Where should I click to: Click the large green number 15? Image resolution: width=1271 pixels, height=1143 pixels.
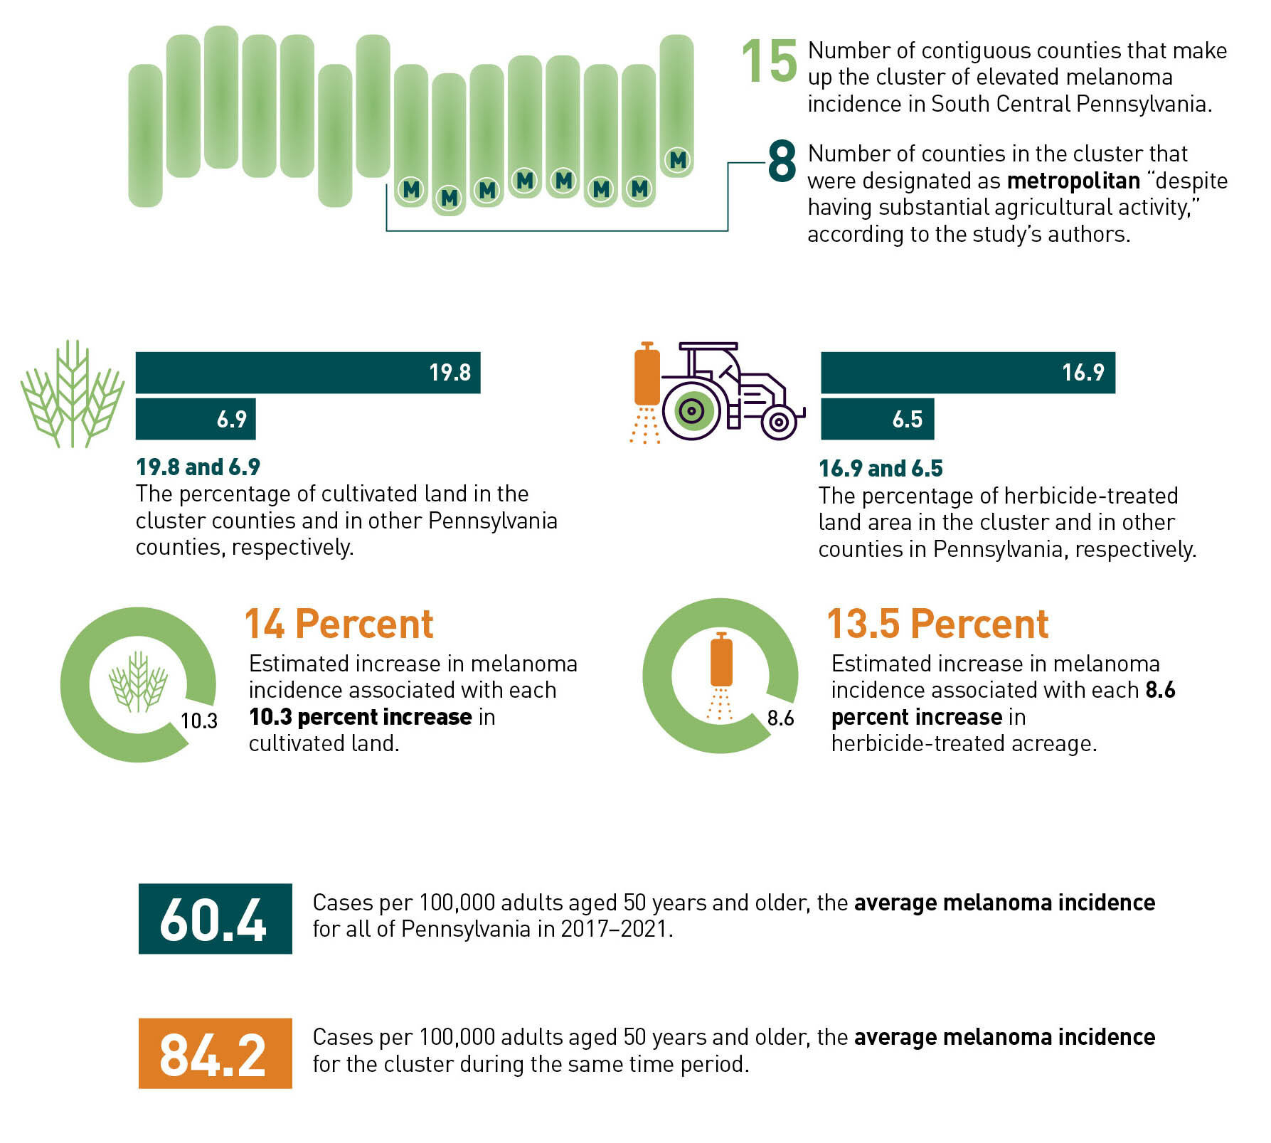[769, 61]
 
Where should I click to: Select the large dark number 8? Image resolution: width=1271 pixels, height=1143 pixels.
[782, 161]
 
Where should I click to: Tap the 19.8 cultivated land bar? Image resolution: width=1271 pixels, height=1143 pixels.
[308, 373]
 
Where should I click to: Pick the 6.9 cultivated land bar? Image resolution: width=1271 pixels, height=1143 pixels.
[196, 419]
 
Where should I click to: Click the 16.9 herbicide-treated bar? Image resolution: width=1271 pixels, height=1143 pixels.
[968, 373]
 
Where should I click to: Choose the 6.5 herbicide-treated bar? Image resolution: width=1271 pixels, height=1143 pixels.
[878, 419]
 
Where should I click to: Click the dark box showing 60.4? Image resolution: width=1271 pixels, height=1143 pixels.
[216, 918]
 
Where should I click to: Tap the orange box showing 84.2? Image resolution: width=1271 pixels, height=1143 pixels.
[216, 1053]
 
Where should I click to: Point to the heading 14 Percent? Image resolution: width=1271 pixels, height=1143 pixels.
[339, 624]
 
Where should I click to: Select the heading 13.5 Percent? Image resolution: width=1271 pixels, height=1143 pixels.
[937, 624]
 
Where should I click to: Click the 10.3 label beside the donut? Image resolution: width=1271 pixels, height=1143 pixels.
[199, 721]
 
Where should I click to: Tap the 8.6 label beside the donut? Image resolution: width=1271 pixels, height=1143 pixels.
[780, 718]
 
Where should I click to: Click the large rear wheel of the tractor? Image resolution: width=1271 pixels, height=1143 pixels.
[691, 410]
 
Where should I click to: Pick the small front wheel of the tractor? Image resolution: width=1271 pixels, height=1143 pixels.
[779, 422]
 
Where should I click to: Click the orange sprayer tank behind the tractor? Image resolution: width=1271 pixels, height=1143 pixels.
[647, 374]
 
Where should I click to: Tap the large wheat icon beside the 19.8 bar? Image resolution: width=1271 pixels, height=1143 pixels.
[73, 394]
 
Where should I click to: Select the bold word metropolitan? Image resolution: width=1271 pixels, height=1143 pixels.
[1073, 181]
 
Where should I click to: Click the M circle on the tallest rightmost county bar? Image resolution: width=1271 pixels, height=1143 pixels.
[678, 160]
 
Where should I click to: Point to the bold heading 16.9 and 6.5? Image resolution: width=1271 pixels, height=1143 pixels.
[881, 468]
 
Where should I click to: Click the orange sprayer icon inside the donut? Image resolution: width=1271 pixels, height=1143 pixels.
[721, 676]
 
